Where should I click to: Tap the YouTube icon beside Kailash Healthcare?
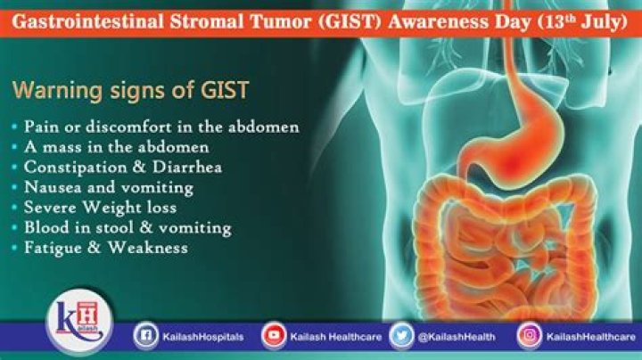coord(274,336)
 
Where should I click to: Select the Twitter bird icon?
coord(402,336)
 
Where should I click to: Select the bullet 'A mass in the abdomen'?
coord(116,146)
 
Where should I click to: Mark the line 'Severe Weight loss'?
coord(103,208)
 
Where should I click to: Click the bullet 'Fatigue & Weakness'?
coord(106,249)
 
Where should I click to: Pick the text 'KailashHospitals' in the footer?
coord(202,337)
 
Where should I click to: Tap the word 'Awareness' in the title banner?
coord(412,16)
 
